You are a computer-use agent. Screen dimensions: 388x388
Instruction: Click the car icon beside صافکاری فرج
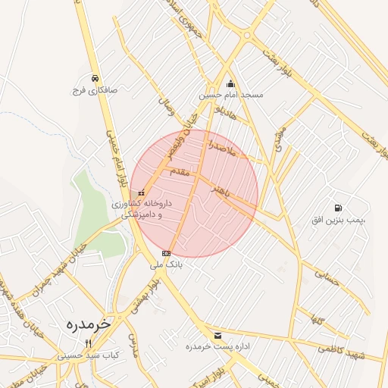[x=94, y=78]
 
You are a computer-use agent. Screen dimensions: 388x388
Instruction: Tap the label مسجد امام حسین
[x=231, y=95]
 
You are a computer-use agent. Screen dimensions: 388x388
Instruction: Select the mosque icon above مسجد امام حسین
[x=231, y=84]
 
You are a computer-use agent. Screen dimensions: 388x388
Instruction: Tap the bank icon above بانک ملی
[x=166, y=253]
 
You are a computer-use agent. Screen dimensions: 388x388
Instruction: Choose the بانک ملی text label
[x=167, y=265]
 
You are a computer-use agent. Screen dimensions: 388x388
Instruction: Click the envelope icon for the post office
[x=218, y=335]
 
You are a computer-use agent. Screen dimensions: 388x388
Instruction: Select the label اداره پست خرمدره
[x=218, y=346]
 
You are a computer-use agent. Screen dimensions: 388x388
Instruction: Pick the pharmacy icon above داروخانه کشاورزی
[x=142, y=193]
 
